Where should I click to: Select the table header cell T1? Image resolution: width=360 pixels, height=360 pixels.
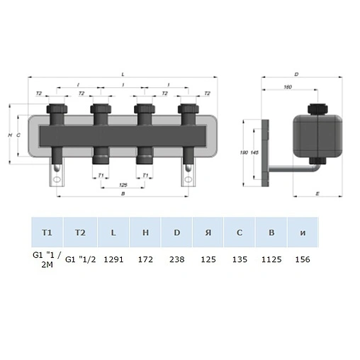47,232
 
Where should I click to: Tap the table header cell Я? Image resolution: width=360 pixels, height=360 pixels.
208,232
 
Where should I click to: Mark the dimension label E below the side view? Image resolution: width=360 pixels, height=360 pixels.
317,193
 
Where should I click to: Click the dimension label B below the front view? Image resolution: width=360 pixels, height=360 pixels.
123,192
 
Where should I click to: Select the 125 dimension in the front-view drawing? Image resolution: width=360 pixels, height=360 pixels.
123,184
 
